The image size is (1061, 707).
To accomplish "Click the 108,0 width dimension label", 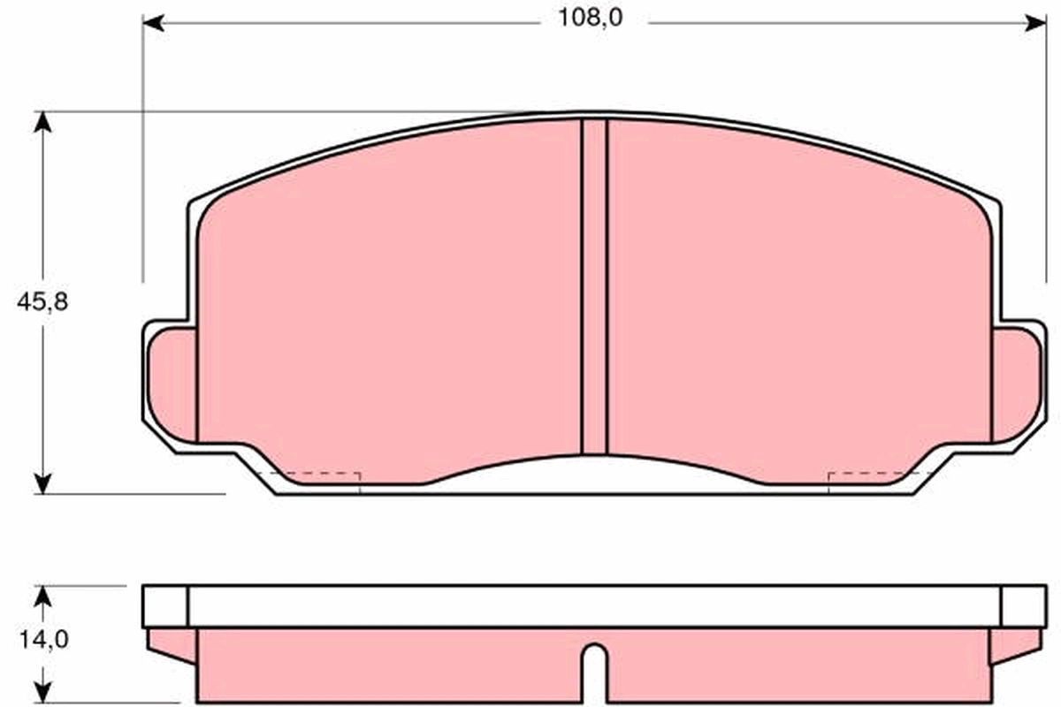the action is pyautogui.click(x=591, y=18).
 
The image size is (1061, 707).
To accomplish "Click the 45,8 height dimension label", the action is pyautogui.click(x=42, y=301).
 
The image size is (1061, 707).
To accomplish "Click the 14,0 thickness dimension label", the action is pyautogui.click(x=44, y=639).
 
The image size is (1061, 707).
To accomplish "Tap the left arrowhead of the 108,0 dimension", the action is pyautogui.click(x=154, y=23).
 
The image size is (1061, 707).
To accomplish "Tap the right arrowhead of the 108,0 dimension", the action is pyautogui.click(x=1035, y=23).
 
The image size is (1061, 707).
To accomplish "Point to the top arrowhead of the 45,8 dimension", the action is pyautogui.click(x=43, y=122).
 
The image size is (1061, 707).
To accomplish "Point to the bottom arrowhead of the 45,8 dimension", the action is pyautogui.click(x=43, y=483).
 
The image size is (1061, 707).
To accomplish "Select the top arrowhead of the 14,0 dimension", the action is pyautogui.click(x=43, y=597).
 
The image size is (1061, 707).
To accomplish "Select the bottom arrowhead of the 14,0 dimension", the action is pyautogui.click(x=43, y=692).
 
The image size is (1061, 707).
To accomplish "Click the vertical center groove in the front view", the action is pyautogui.click(x=594, y=287).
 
